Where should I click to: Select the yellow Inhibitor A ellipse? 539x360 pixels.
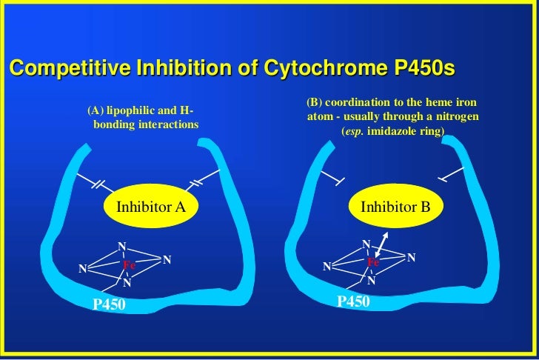[x=151, y=207]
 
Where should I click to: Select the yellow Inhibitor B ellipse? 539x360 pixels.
[x=395, y=207]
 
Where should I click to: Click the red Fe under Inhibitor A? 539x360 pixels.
[x=130, y=264]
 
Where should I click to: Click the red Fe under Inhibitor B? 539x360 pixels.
[x=373, y=262]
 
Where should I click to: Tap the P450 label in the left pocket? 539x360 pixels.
[x=109, y=304]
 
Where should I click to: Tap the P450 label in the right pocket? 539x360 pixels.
[x=353, y=301]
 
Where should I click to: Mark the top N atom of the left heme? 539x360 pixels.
[x=122, y=246]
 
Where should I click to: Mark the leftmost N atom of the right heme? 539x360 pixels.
[x=326, y=266]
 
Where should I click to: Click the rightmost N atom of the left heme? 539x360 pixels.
[x=167, y=260]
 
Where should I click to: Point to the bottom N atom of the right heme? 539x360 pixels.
[x=371, y=281]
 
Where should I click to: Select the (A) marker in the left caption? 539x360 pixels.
[x=95, y=111]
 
